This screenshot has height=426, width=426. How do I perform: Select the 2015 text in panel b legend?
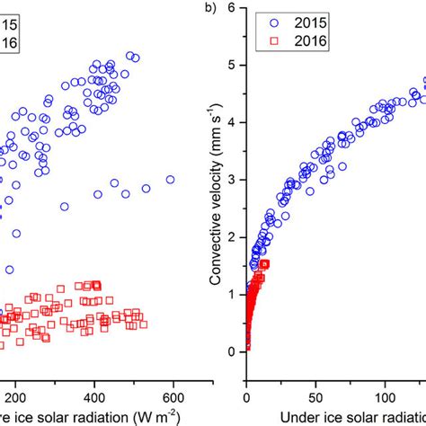click(312, 21)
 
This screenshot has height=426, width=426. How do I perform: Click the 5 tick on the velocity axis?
click(233, 65)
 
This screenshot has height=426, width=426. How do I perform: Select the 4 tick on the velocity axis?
click(233, 122)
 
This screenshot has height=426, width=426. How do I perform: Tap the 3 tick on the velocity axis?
click(233, 180)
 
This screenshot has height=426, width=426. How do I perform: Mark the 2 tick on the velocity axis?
click(233, 236)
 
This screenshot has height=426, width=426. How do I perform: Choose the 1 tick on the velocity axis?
click(233, 294)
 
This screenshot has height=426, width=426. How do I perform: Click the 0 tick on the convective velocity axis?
click(233, 351)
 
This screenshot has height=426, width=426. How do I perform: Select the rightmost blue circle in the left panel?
click(170, 180)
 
